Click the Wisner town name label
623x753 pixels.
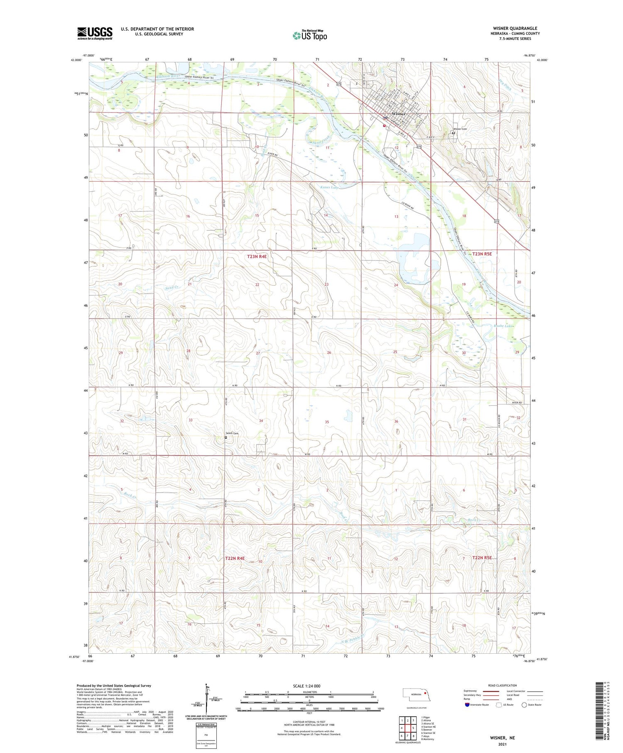coord(398,113)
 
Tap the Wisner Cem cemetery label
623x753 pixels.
coord(460,129)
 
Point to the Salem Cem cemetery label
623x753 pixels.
coord(232,434)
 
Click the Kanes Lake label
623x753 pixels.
coord(330,187)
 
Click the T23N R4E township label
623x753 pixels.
coord(257,257)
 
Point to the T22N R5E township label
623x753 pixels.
coord(482,558)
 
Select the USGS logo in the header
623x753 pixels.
coord(95,33)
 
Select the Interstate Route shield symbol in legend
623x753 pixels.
coord(467,705)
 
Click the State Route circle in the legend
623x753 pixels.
coord(524,705)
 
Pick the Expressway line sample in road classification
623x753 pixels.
coord(493,691)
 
